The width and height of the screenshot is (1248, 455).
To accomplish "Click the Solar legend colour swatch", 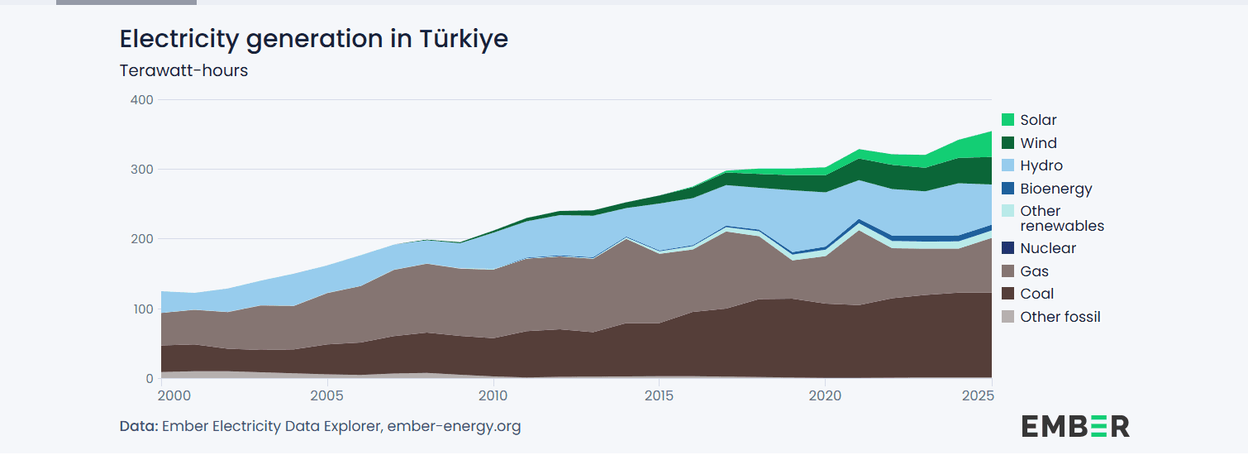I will pos(1007,120).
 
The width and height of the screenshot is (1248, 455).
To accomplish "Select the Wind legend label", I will pos(1038,143).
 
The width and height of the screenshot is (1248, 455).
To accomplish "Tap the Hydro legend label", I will pos(1041,165).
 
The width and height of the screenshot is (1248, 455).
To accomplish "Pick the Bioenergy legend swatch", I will pos(1007,189).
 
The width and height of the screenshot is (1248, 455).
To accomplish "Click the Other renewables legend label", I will pos(1062,218).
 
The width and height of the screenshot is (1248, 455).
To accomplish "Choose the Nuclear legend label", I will pos(1048,248).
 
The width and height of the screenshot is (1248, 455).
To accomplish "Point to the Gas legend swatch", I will pos(1007,271).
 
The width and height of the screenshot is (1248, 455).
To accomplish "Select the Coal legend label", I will pos(1036,294).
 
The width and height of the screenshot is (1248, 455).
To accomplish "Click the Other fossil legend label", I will pos(1060,317).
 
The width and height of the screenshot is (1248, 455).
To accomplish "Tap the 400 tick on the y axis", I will pos(142,99).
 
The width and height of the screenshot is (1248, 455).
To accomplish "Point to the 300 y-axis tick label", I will pos(142,170).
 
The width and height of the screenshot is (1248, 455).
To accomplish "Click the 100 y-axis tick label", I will pos(142,309).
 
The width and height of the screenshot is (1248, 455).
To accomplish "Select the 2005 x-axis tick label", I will pos(328,396).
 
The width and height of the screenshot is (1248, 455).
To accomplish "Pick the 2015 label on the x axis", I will pos(659,396).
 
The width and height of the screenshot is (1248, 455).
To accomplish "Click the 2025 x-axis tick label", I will pos(978,396).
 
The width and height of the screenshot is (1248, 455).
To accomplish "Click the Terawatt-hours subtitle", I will pos(183,70).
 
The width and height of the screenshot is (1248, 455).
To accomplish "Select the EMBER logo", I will pos(1075,426).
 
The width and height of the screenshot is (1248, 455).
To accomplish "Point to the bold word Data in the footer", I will pos(138,427).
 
